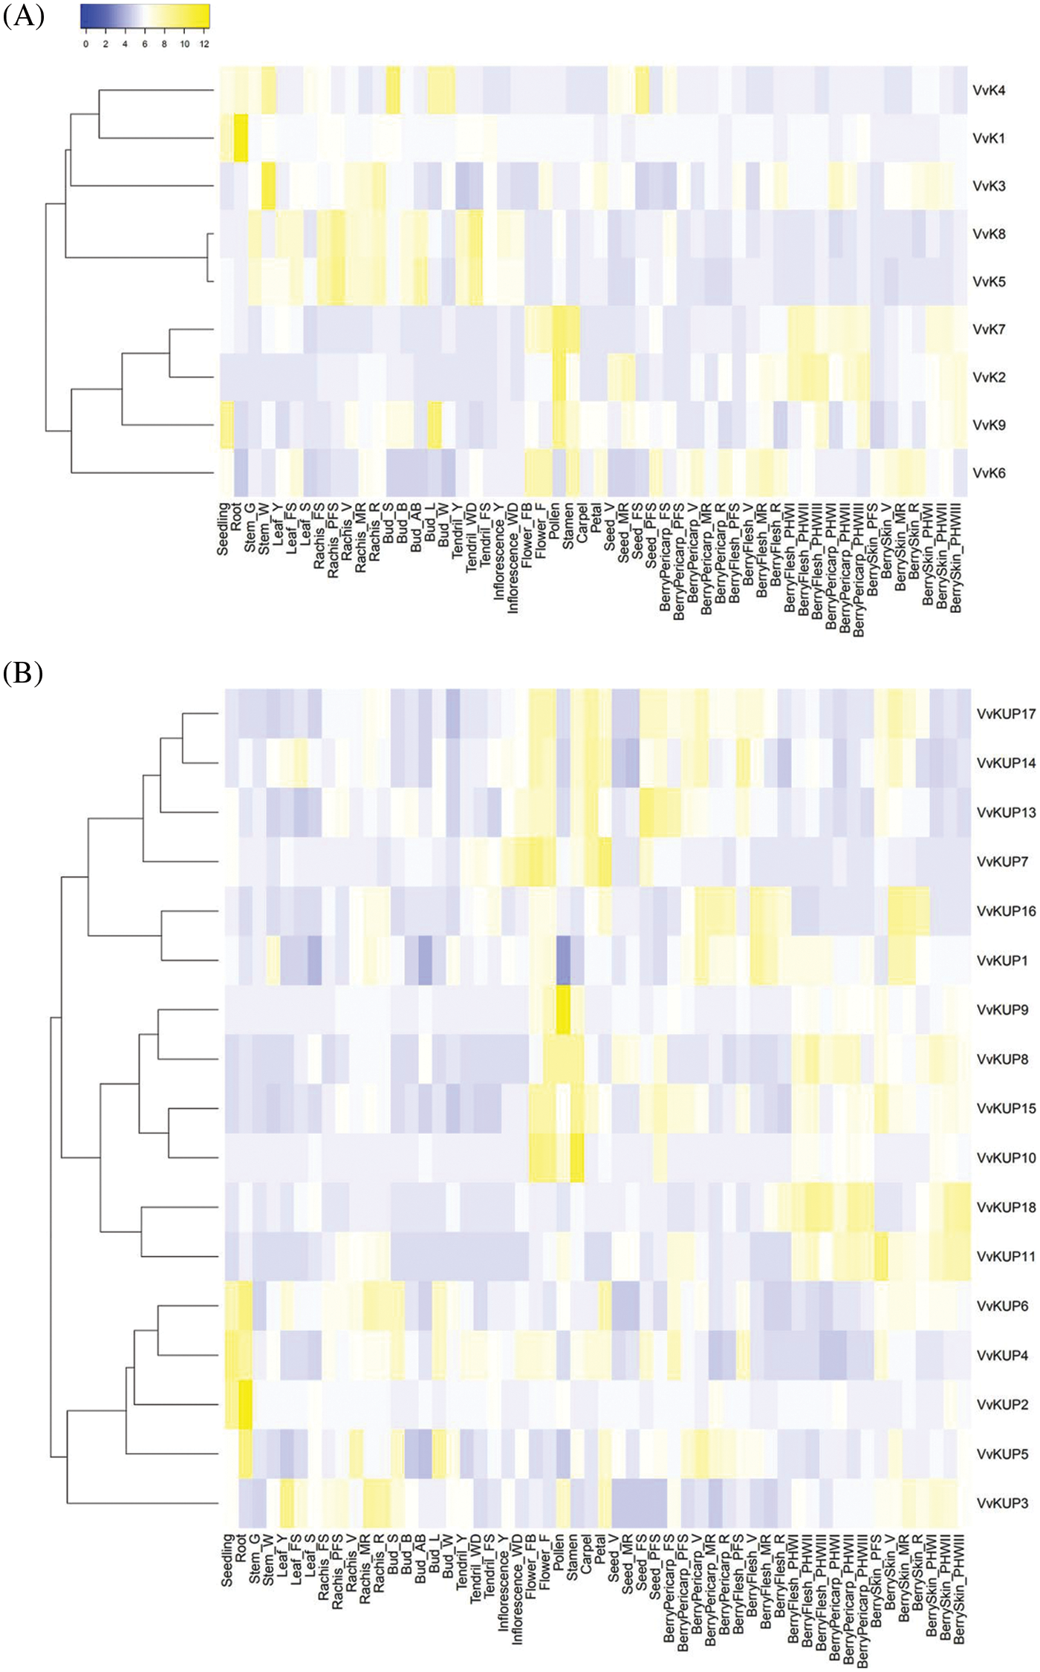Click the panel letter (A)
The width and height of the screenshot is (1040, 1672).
[24, 16]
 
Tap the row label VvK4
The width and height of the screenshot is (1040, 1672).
[989, 91]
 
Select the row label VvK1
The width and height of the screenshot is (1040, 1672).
[989, 138]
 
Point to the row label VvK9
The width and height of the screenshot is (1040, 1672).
[989, 425]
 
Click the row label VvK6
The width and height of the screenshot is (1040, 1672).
[989, 472]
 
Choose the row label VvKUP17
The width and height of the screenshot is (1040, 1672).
[1006, 714]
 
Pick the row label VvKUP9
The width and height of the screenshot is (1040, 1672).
[1002, 1009]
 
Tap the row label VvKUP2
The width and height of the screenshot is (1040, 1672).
[1002, 1405]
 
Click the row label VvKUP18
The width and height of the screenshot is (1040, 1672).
[1006, 1207]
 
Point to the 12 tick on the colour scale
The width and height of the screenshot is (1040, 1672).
[205, 45]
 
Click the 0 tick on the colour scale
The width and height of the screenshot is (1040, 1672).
[85, 45]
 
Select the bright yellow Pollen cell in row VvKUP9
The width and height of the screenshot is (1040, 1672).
[563, 1009]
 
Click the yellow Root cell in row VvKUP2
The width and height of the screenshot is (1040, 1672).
[245, 1405]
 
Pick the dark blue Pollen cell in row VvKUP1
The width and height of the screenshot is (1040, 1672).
[563, 960]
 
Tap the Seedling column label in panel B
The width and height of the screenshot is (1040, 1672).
[227, 1560]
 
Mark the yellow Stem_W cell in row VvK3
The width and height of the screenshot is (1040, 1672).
[268, 186]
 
